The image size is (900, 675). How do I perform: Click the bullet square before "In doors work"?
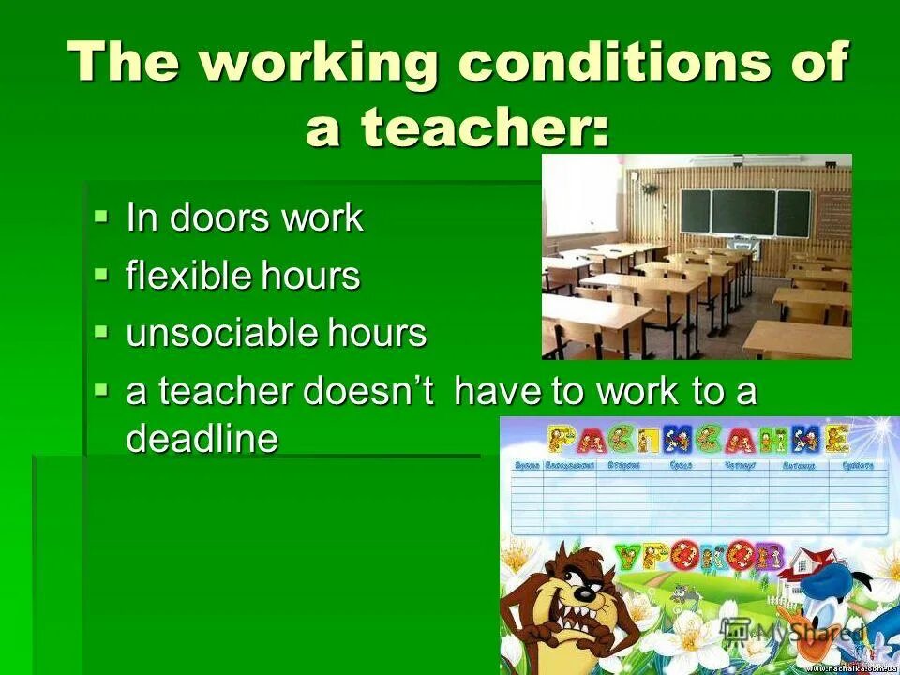click(101, 217)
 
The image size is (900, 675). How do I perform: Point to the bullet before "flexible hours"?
click(101, 274)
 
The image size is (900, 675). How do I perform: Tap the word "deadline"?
click(202, 439)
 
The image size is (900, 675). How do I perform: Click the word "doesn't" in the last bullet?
click(367, 392)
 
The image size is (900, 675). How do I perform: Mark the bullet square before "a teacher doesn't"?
click(101, 389)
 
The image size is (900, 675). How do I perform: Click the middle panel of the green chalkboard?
click(742, 212)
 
